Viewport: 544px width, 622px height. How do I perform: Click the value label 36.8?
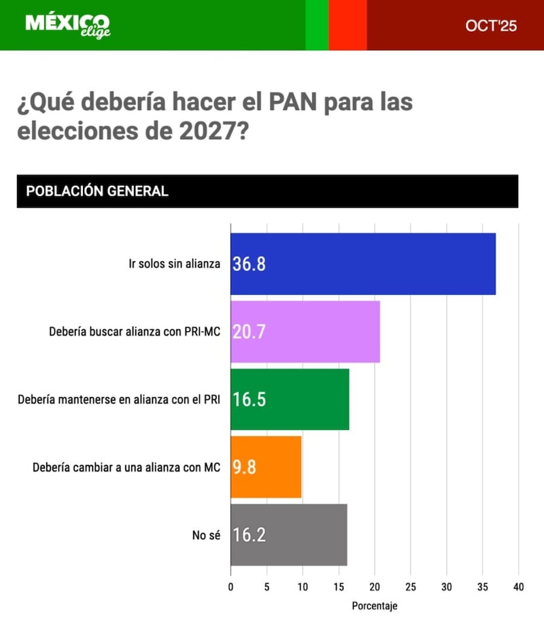pos(249,264)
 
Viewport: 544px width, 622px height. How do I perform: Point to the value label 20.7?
pos(249,332)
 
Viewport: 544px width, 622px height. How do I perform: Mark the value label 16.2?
pos(249,534)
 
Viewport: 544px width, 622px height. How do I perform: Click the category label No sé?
pos(206,535)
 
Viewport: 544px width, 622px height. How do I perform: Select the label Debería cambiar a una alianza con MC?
pos(126,467)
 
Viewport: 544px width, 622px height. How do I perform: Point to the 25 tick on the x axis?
pos(411,587)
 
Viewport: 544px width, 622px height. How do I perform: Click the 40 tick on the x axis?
pos(518,587)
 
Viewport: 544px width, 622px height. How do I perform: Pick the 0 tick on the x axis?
pos(231,587)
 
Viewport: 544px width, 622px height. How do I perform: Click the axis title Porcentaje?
pos(375,605)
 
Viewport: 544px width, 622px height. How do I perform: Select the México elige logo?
pos(67,25)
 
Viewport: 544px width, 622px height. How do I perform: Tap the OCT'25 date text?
pos(491,26)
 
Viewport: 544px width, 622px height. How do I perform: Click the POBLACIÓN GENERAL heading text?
pos(97,191)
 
